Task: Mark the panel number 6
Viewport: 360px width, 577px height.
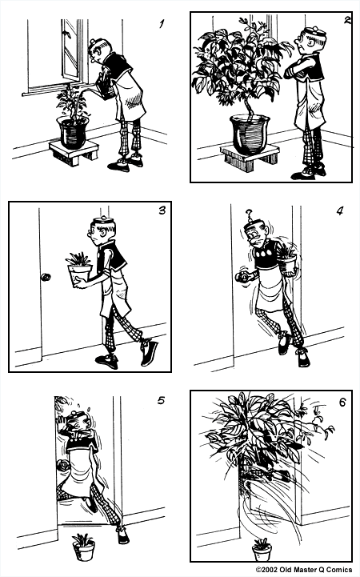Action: coord(342,401)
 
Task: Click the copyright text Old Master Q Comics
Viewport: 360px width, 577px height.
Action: coord(303,570)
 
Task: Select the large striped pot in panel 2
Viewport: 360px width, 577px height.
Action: coord(250,132)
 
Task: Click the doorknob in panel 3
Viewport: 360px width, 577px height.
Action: coord(45,278)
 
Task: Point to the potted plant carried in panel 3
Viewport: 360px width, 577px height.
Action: coord(81,269)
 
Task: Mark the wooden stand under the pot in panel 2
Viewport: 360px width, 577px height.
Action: coord(249,155)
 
